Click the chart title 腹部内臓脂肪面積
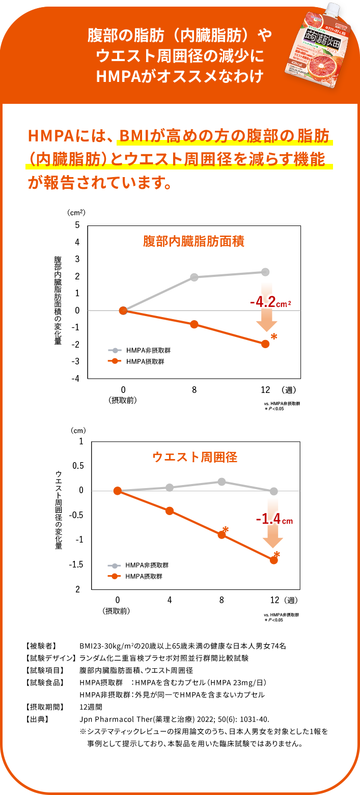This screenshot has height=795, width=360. (x=193, y=241)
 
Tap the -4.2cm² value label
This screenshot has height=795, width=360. (x=270, y=303)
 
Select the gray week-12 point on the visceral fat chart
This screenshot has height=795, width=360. (x=265, y=272)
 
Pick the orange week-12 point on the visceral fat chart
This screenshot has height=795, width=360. (x=265, y=344)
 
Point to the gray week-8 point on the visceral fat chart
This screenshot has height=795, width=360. (x=194, y=277)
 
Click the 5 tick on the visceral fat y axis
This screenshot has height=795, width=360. (x=77, y=224)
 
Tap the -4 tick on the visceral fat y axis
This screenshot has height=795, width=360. (x=76, y=379)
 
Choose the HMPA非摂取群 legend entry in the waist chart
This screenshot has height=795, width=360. (x=138, y=565)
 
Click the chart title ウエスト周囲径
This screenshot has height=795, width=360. (x=195, y=457)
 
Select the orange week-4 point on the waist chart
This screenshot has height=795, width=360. (x=170, y=510)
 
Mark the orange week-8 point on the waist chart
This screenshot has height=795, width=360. (x=221, y=534)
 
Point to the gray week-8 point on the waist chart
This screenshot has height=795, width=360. (x=221, y=481)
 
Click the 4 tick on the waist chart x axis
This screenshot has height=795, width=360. (x=170, y=600)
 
